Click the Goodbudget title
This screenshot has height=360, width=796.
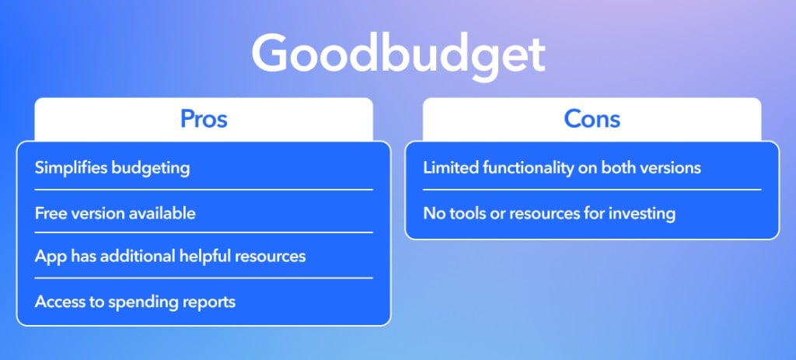click(x=399, y=55)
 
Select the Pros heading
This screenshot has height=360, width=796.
click(x=204, y=119)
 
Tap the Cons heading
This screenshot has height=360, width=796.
click(x=592, y=119)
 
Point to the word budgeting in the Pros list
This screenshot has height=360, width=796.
click(x=150, y=168)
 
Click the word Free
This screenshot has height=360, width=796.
click(x=51, y=213)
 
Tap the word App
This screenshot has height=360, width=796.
click(x=51, y=257)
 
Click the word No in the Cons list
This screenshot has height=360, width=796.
click(x=432, y=213)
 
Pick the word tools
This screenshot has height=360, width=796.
click(x=465, y=213)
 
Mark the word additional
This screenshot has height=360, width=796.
click(x=137, y=255)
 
